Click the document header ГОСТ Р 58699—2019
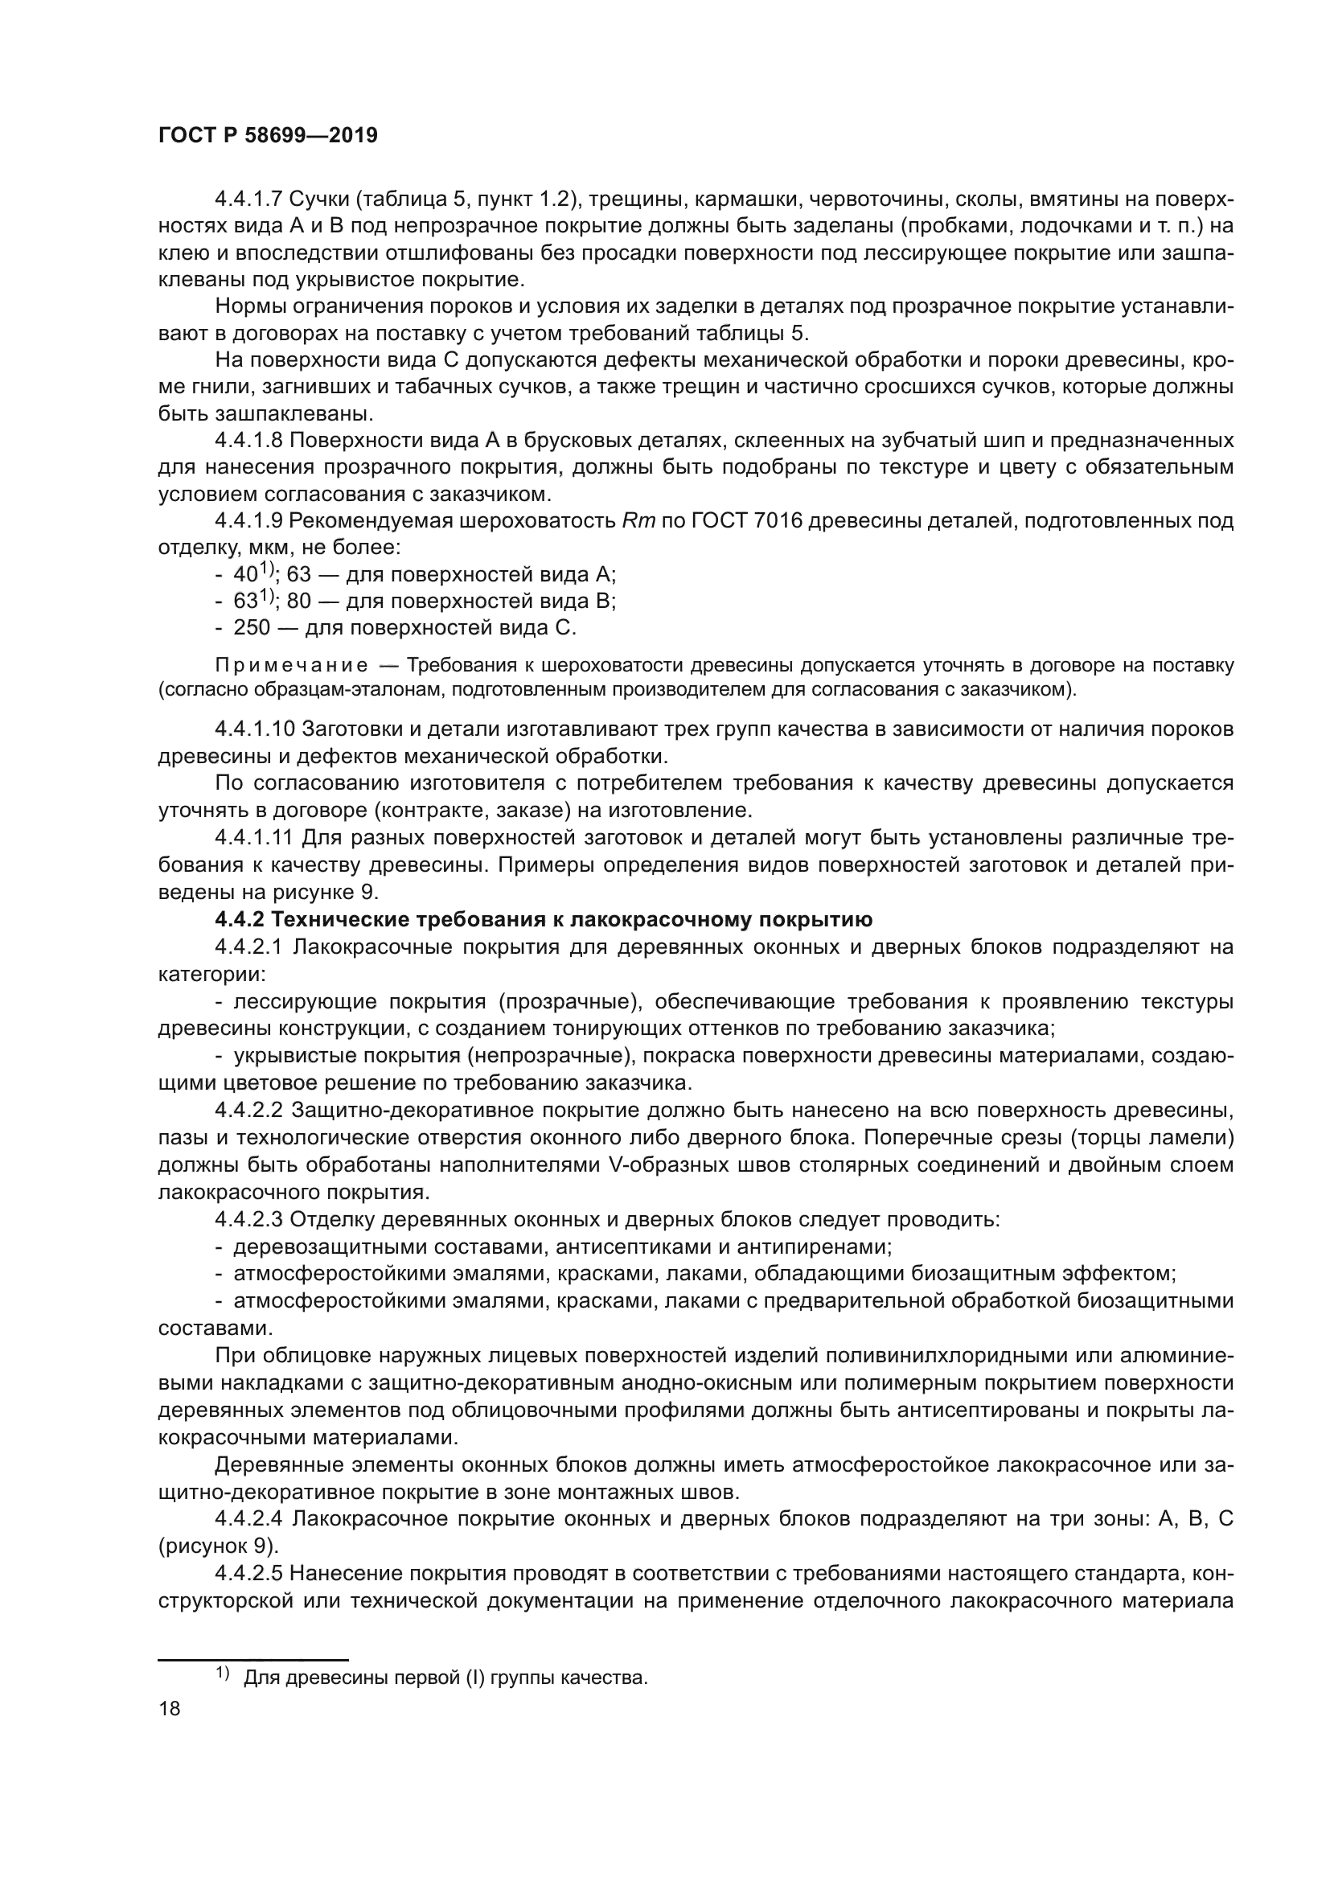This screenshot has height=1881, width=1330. tap(268, 136)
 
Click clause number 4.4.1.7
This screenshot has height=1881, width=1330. tap(248, 200)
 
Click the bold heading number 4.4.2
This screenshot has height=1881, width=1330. tap(239, 920)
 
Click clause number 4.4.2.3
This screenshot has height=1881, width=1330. tap(248, 1220)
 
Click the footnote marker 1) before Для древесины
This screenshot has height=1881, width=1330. tap(223, 1674)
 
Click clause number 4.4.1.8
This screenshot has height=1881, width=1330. tap(248, 441)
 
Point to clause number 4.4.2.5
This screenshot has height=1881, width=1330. tap(248, 1574)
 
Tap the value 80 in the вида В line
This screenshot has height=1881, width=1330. tap(299, 602)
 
